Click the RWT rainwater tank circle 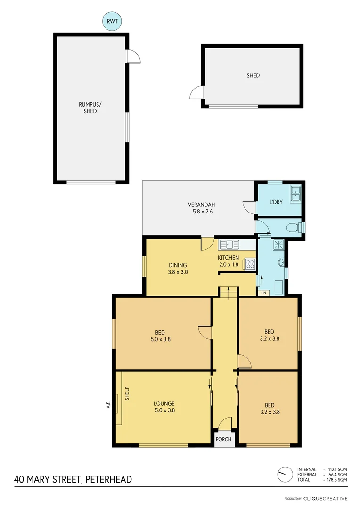click(113, 22)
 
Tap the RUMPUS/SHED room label click(90, 108)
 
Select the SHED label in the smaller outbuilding click(253, 75)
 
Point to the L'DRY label click(276, 202)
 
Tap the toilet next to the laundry click(294, 228)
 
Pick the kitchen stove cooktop click(249, 264)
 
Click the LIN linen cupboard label click(263, 293)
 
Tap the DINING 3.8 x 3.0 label click(178, 268)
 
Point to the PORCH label click(223, 439)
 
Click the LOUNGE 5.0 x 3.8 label click(164, 407)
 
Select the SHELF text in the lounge click(127, 394)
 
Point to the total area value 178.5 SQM click(337, 479)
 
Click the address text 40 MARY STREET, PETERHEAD click(73, 480)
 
